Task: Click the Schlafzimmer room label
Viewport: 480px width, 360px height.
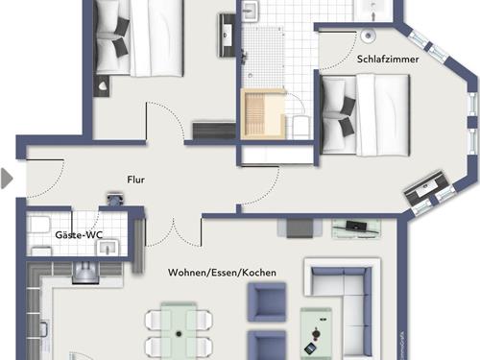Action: [388, 60]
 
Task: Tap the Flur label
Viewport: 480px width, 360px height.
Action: [136, 180]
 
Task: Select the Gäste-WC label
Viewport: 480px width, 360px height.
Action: [79, 235]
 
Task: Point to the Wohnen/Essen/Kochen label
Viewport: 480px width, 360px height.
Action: [222, 273]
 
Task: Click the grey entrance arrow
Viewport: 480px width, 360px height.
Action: [7, 179]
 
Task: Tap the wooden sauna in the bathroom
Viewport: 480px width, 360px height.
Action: [263, 114]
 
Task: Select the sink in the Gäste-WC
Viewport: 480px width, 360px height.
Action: [108, 248]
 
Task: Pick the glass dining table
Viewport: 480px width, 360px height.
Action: [179, 330]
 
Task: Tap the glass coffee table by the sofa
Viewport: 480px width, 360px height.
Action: [316, 333]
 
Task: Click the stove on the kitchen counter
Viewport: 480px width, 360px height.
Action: [85, 273]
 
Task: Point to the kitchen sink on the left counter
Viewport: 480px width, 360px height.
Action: [43, 329]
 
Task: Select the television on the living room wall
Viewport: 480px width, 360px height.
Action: [356, 227]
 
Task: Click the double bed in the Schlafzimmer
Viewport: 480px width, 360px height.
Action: [365, 115]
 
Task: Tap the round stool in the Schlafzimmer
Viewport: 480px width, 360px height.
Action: [368, 36]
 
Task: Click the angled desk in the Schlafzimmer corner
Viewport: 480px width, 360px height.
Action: [425, 189]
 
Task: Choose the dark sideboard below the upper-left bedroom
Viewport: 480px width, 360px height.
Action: [214, 130]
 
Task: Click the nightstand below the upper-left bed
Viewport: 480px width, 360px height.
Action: [103, 85]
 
